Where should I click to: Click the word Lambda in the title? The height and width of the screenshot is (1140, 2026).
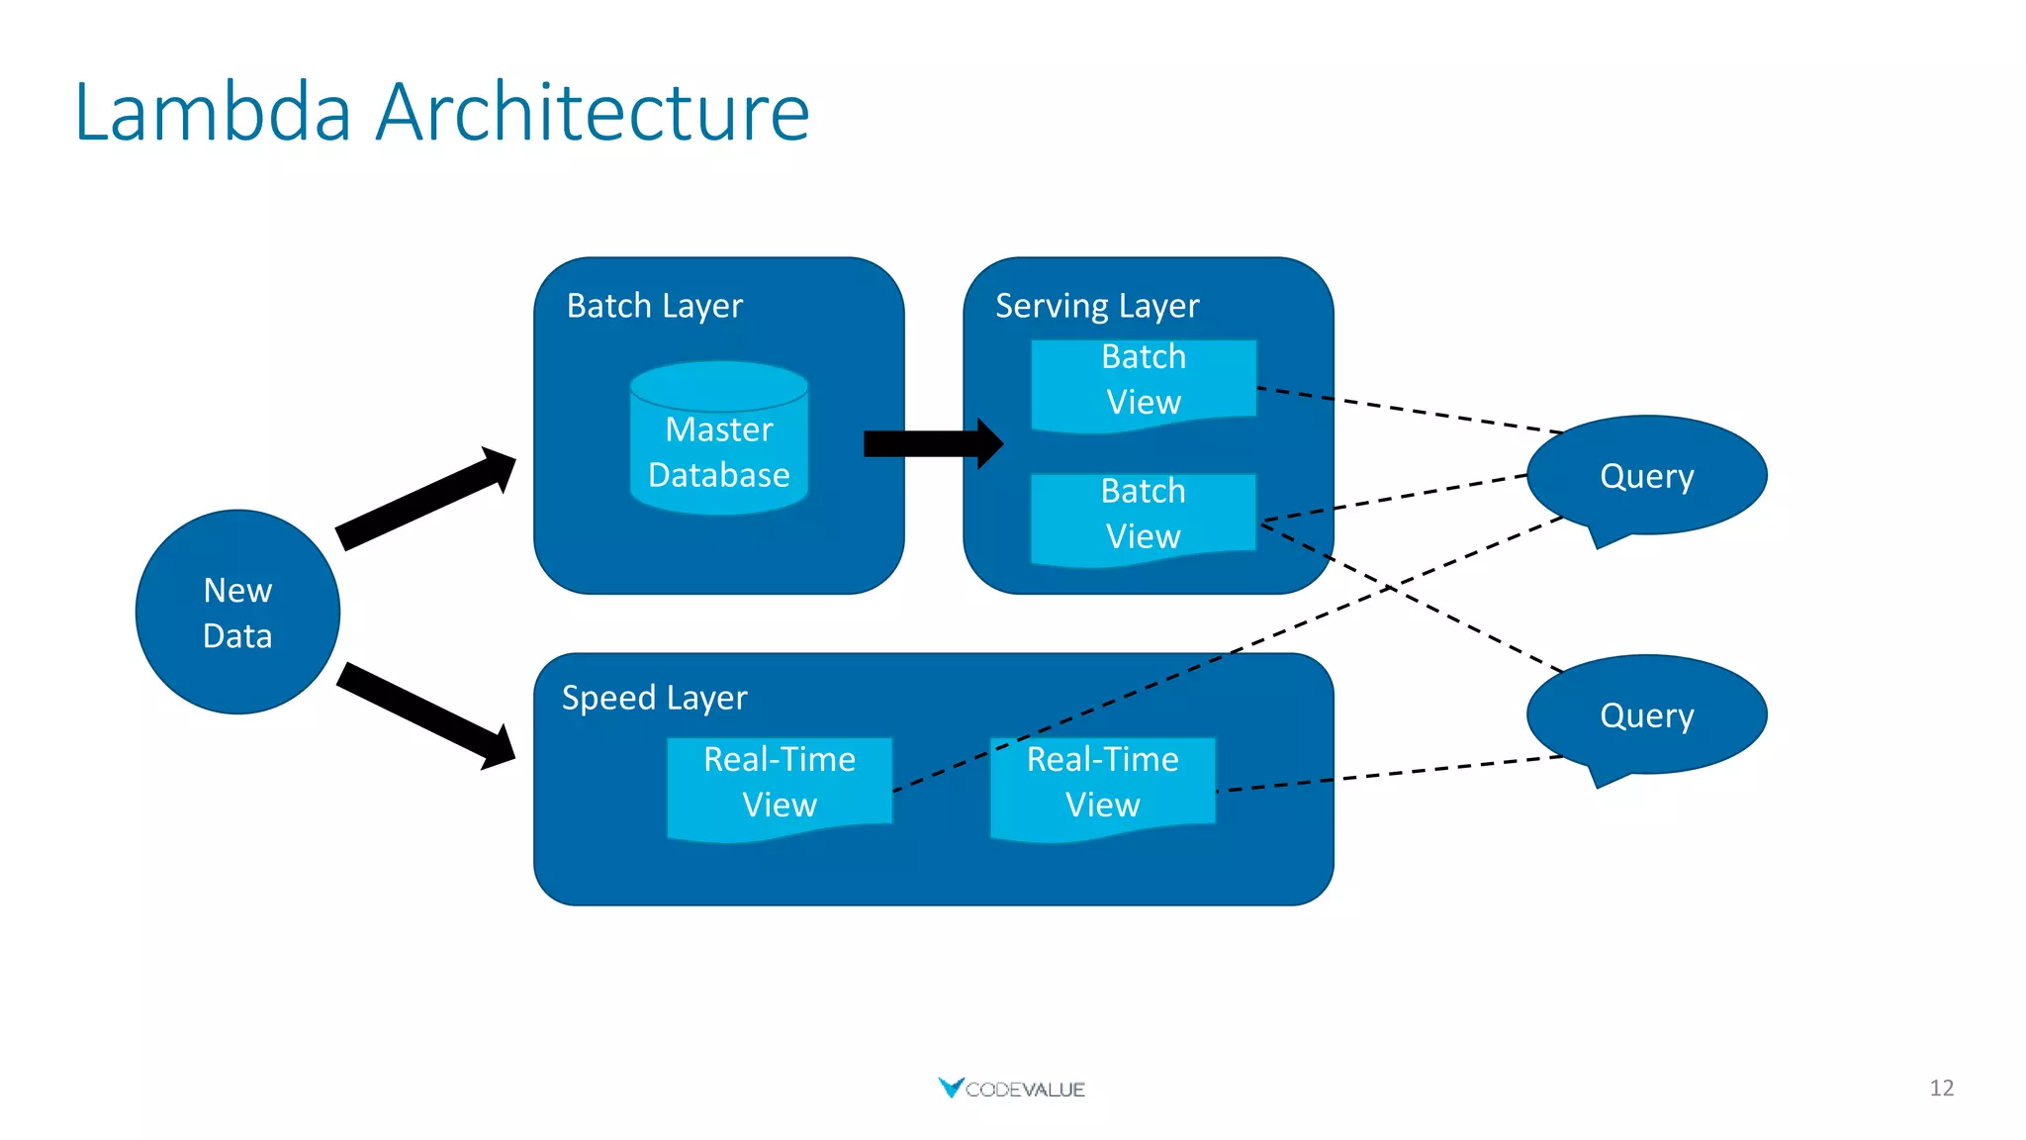pos(213,112)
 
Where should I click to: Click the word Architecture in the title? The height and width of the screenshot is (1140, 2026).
pos(593,112)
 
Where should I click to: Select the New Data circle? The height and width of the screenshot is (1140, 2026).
pos(237,613)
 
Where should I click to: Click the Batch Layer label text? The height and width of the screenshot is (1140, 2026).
pos(654,306)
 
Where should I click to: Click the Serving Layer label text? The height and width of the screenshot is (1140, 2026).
pos(1096,306)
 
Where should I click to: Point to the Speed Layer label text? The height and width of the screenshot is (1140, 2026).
pos(654,698)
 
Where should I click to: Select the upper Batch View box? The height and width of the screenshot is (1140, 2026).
pos(1143,381)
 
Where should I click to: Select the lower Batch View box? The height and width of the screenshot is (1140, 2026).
pos(1143,516)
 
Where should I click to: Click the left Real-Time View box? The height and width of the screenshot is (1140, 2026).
pos(780,783)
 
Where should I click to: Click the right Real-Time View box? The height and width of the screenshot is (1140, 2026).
pos(1102,783)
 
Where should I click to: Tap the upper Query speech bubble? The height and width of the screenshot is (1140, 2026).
pos(1646,476)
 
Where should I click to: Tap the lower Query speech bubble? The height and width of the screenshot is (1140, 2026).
pos(1646,714)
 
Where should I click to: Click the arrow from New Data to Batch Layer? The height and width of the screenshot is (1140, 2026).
pos(425,499)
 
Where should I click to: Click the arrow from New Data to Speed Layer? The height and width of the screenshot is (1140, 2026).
pos(425,715)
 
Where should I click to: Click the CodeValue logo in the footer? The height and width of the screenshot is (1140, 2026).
pos(1011,1089)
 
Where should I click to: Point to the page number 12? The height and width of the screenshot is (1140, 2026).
pos(1941,1089)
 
